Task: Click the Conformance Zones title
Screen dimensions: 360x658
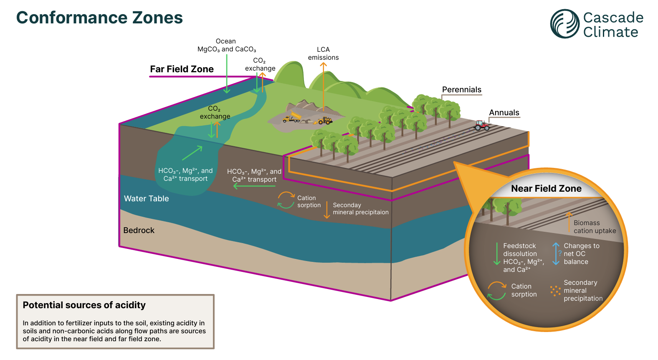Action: [x=99, y=18]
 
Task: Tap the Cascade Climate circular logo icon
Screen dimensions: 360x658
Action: [x=564, y=24]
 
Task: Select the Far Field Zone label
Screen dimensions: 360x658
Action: [x=182, y=69]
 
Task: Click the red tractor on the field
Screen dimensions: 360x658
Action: [x=482, y=125]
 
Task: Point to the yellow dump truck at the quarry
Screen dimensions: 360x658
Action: [x=292, y=117]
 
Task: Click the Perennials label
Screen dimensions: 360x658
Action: [x=461, y=90]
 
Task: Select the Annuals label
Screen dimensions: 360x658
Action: [x=504, y=113]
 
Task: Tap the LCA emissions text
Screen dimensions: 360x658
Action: [x=323, y=53]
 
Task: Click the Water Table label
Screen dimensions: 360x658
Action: [x=146, y=199]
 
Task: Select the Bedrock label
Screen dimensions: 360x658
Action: [x=139, y=231]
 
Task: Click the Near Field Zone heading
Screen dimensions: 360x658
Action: [x=546, y=189]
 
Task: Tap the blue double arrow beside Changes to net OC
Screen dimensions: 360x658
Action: [x=556, y=254]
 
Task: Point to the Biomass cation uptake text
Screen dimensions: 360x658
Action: [x=595, y=227]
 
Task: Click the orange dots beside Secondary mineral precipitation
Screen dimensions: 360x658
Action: [x=555, y=291]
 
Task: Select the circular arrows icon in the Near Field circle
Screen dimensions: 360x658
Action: [x=497, y=291]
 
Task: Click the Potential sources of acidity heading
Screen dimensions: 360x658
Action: [x=84, y=305]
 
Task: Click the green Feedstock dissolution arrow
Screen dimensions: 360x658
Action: [x=496, y=254]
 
